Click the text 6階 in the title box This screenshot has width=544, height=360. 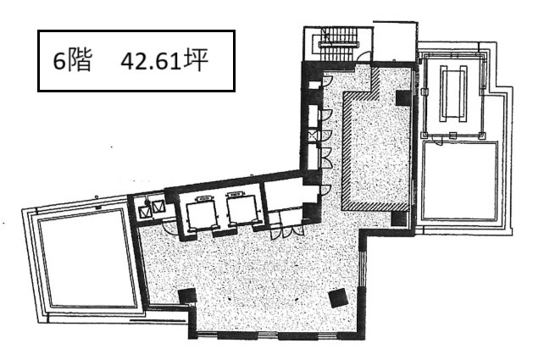tap(72, 61)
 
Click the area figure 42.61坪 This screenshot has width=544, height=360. tap(164, 61)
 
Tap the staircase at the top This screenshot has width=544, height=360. tap(338, 43)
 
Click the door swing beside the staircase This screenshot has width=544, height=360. tap(364, 57)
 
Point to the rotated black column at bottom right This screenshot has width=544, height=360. tap(338, 297)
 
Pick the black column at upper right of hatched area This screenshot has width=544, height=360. tap(403, 97)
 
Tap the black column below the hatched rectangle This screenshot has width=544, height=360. tap(399, 219)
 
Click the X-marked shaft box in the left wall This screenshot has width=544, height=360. tap(312, 135)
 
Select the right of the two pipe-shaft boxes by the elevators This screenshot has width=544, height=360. tap(157, 206)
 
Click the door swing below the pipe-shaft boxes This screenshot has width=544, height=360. tap(170, 228)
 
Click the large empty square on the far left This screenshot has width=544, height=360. tap(86, 258)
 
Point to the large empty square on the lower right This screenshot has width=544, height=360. tap(460, 180)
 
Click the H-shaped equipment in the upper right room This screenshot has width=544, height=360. tap(453, 93)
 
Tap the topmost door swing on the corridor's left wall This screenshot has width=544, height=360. tap(327, 80)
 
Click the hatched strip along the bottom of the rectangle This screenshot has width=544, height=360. tap(375, 207)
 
